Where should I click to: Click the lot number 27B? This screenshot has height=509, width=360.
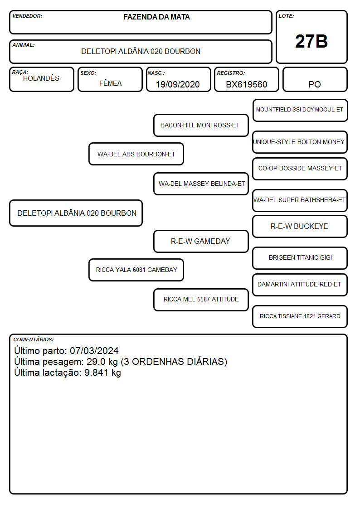311,41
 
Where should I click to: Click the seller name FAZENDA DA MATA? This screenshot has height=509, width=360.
156,17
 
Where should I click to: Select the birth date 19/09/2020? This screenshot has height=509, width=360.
178,84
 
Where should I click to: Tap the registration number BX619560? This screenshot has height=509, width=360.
246,84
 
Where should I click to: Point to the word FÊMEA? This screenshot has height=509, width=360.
110,83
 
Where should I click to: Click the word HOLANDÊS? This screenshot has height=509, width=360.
41,78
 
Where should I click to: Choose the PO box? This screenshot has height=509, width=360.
315,79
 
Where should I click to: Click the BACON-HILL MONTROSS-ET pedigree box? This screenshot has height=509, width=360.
201,125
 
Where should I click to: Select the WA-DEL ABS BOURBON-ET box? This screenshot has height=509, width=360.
136,154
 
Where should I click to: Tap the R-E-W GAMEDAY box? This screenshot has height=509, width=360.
201,242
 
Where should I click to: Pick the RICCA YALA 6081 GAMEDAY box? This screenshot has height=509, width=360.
136,270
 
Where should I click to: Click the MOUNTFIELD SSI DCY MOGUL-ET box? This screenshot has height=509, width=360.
300,111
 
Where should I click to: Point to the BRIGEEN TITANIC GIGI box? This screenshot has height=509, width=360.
300,258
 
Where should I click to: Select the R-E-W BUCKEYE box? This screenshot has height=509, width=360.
300,227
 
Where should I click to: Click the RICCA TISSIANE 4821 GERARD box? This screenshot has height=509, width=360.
300,316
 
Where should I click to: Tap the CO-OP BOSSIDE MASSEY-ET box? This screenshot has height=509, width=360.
300,169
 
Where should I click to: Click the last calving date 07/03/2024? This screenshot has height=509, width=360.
94,351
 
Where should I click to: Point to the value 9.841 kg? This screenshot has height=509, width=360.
102,373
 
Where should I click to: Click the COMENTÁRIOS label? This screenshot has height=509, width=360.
34,339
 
